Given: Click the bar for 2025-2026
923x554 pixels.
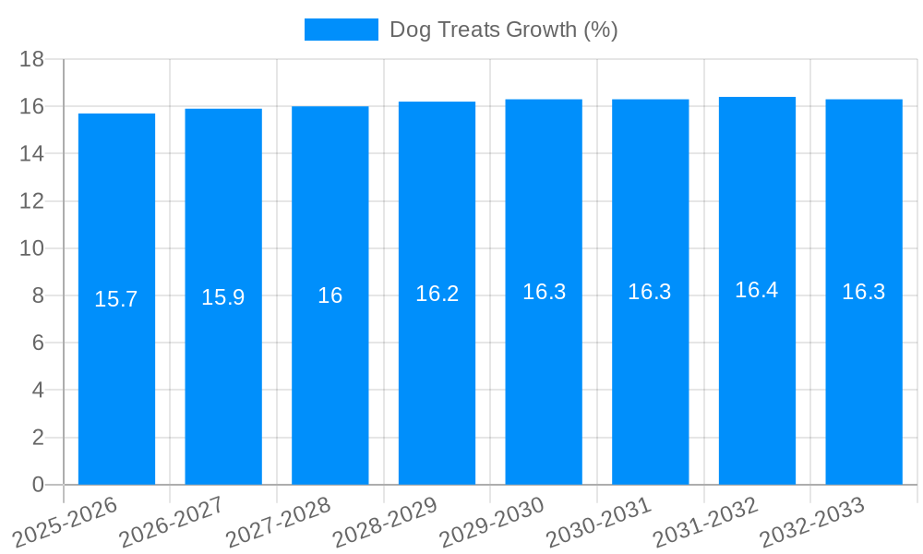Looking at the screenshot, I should [116, 388].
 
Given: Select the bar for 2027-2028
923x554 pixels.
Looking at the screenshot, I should [330, 388].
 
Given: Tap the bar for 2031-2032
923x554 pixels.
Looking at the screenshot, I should [757, 388].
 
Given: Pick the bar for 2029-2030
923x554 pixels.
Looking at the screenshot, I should [544, 388].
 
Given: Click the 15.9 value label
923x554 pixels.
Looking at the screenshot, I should [223, 297].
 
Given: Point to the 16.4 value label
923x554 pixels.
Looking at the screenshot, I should [757, 290].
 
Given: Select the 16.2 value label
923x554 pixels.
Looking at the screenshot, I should [437, 294].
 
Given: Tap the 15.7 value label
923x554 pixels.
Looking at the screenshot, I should [116, 299].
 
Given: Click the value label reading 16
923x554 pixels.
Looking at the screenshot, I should [330, 295].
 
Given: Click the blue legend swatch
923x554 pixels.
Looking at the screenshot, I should [341, 30].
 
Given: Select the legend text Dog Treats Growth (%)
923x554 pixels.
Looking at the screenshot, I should [503, 30].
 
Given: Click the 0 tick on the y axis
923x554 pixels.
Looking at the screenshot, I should [38, 485].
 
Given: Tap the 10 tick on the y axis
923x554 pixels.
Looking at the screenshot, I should [32, 248].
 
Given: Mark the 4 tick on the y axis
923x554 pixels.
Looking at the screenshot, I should [38, 390].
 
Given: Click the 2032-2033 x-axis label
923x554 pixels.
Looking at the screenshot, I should [811, 521].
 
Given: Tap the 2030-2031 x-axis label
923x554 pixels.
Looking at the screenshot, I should [598, 521].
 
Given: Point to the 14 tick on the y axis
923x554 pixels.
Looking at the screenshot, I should [32, 153].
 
